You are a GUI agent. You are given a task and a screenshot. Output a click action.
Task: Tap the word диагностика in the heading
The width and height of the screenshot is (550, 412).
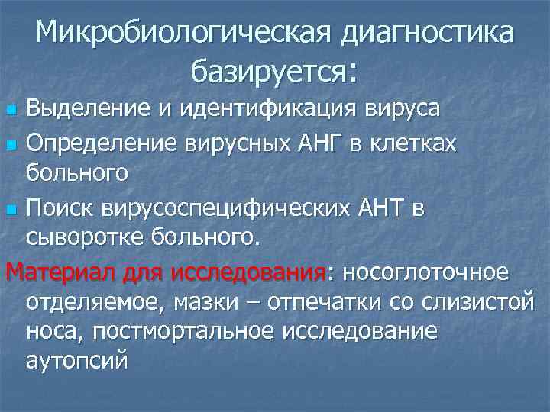pos(428,33)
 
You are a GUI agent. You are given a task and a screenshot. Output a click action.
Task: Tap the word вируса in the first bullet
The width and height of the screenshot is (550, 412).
pos(403,108)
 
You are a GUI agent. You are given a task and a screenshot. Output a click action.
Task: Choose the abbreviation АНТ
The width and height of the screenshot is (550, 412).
pos(381,207)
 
